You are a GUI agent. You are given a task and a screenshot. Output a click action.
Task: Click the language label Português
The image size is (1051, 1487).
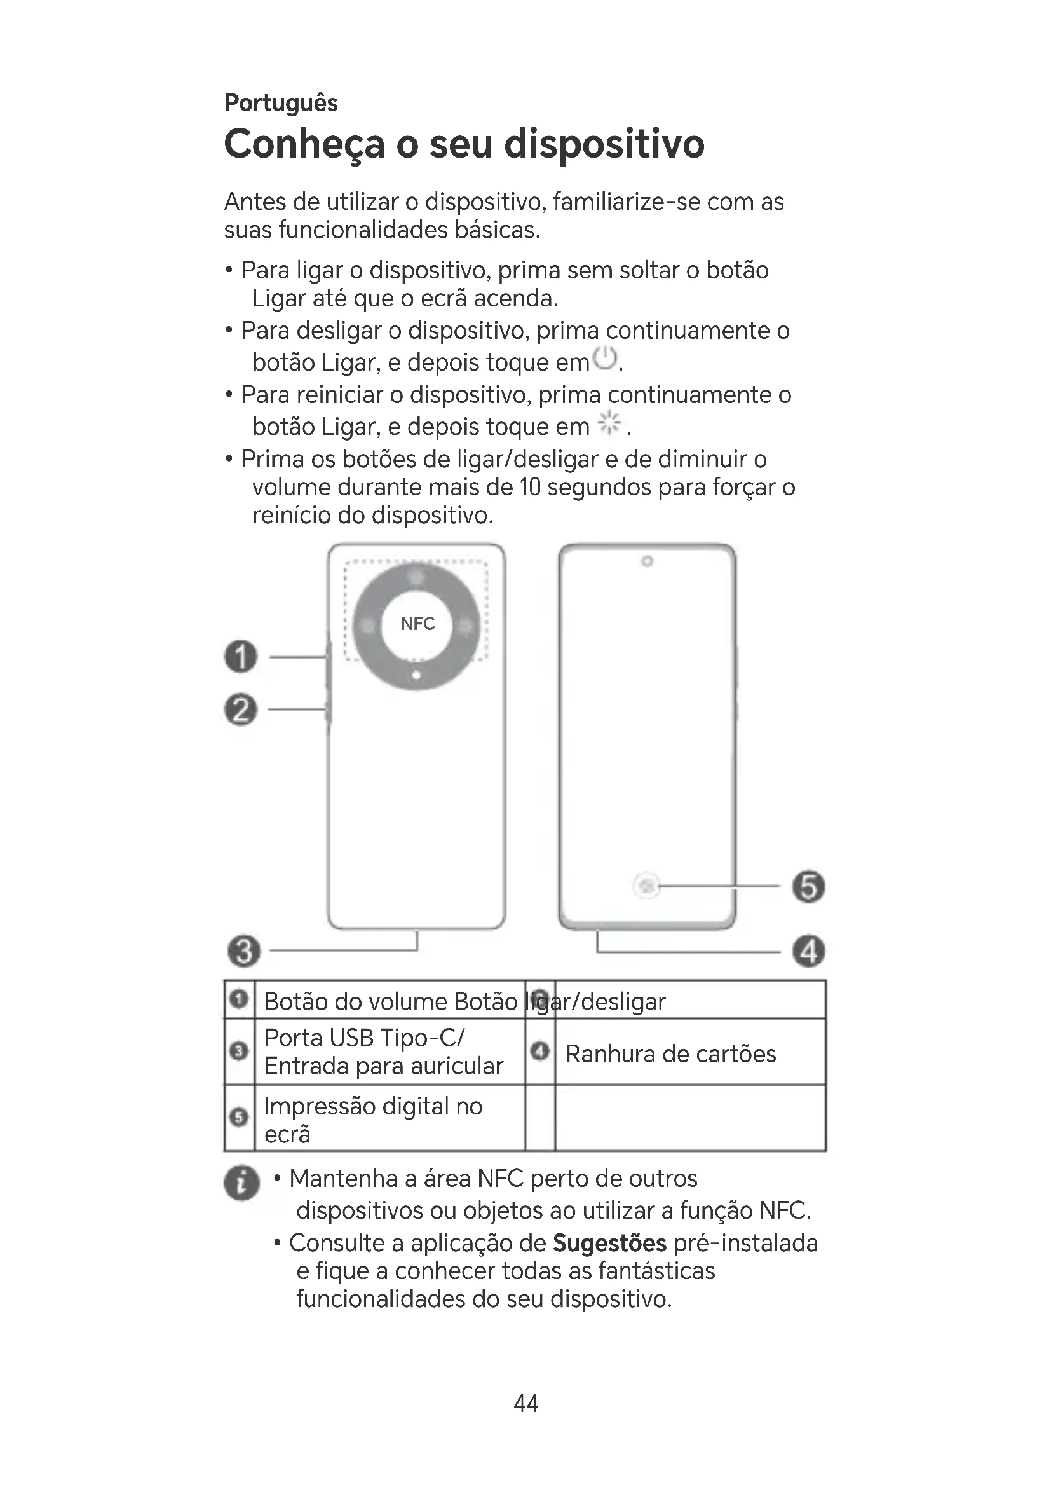280,103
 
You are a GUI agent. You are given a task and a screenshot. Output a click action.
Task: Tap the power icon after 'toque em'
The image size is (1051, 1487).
605,358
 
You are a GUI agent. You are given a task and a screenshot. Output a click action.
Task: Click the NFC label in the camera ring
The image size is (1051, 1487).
417,624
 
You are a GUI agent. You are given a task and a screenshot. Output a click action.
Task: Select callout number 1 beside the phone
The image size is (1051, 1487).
241,657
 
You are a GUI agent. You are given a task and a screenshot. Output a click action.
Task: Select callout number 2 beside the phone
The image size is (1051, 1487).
241,710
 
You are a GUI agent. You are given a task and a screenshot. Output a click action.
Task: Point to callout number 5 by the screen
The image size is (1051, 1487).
809,887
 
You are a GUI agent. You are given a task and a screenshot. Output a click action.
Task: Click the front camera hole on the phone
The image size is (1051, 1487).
646,561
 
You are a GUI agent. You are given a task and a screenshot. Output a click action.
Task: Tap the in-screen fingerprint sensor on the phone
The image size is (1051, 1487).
646,886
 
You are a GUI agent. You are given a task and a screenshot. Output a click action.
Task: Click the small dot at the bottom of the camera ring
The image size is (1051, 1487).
417,676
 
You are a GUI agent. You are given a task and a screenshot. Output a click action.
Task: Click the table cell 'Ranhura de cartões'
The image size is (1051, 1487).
670,1053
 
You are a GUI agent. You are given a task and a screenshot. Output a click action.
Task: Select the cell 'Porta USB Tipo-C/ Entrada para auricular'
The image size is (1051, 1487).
383,1052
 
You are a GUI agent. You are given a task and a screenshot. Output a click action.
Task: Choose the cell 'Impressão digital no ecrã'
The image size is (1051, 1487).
373,1120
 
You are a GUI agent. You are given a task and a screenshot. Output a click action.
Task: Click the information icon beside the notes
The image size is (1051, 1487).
241,1182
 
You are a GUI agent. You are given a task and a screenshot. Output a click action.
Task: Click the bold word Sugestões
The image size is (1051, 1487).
609,1243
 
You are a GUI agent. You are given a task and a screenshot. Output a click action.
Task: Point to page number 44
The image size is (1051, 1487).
525,1403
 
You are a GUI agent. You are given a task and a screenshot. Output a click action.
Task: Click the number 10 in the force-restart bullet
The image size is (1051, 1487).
529,487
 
